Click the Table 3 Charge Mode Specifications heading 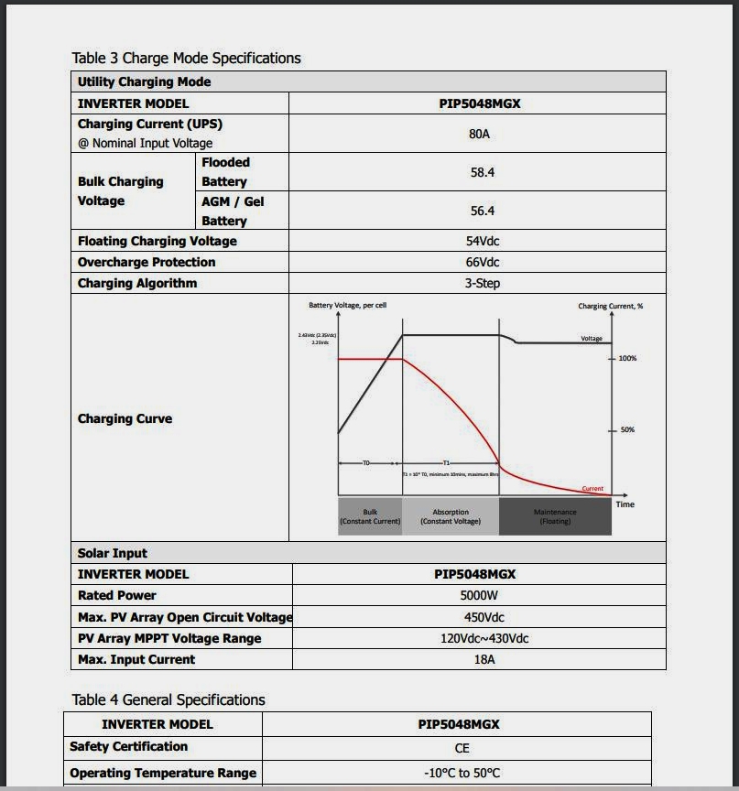(x=186, y=58)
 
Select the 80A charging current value (x=479, y=134)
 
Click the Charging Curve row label (x=125, y=418)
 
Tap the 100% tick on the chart (x=626, y=358)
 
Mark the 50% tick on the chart (x=626, y=429)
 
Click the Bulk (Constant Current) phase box (x=370, y=516)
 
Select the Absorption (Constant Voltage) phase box (x=451, y=516)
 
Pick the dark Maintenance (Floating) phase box (x=555, y=516)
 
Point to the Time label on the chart (x=625, y=504)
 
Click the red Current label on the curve (x=592, y=489)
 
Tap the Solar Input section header (x=113, y=553)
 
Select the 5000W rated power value (x=479, y=595)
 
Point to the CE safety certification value (x=462, y=748)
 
